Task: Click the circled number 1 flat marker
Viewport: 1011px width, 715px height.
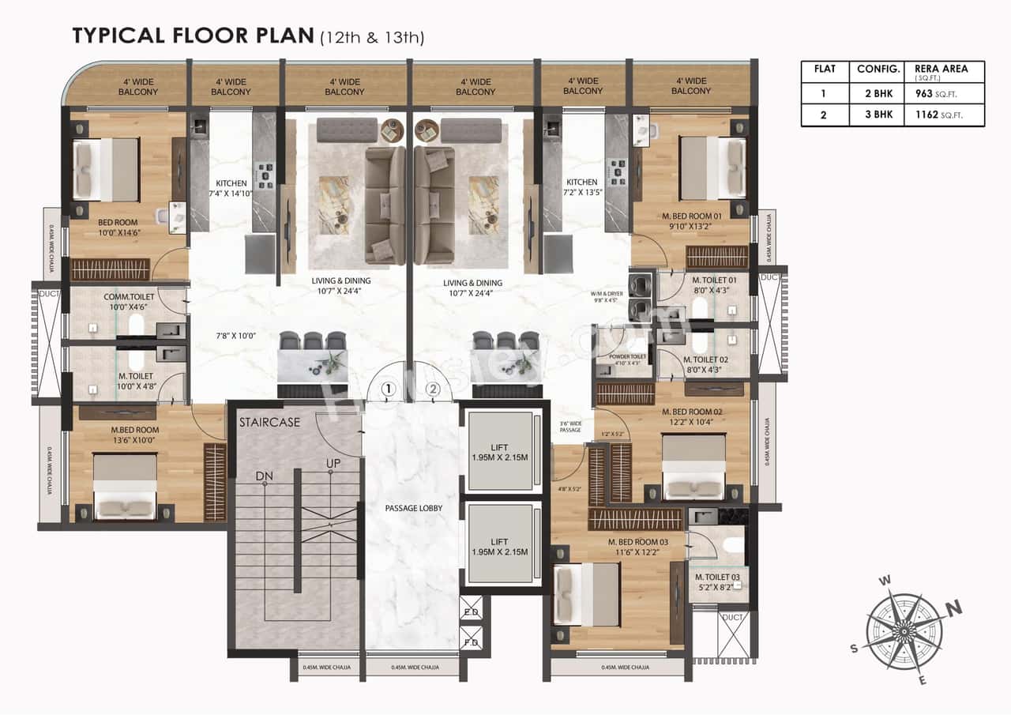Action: (x=388, y=389)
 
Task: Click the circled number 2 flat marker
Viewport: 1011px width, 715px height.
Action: (x=432, y=389)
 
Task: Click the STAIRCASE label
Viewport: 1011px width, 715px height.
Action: (x=269, y=422)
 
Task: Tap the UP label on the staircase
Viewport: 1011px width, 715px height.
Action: (x=333, y=463)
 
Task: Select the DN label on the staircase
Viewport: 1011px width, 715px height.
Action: (x=264, y=476)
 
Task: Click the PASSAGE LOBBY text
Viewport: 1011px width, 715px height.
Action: (x=412, y=508)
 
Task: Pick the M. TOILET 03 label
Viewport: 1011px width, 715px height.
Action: (x=717, y=577)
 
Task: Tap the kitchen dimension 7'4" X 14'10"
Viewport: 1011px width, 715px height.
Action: (x=231, y=193)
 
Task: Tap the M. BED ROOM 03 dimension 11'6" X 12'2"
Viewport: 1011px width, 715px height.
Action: (x=637, y=552)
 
